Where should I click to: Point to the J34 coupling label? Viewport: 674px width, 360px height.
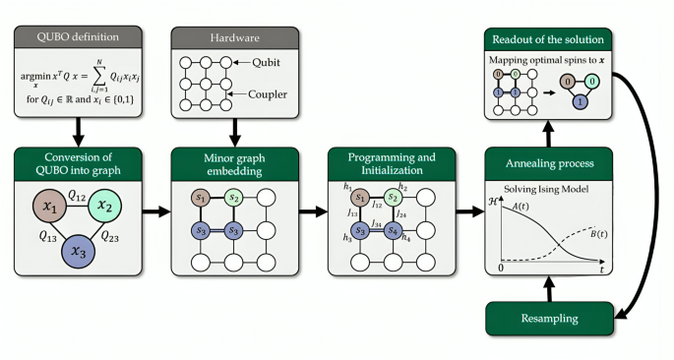point(378,223)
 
